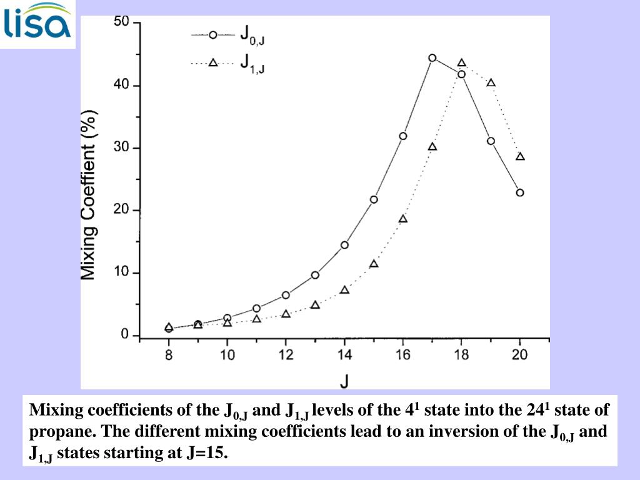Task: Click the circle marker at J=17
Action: coord(432,57)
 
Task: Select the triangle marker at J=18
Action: coord(461,62)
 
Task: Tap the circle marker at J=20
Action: coord(519,192)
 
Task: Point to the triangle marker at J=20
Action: coord(520,156)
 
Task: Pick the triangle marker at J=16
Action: coord(403,219)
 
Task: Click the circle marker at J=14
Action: coord(344,244)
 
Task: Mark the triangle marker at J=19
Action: coord(491,82)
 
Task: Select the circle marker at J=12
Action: coord(286,295)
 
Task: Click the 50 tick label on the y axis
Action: coord(121,22)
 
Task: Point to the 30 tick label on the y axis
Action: coord(121,148)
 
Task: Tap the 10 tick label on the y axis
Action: coord(121,273)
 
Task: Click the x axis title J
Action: coord(344,379)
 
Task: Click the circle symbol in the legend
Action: coord(212,35)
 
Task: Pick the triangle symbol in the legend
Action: coord(212,62)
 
